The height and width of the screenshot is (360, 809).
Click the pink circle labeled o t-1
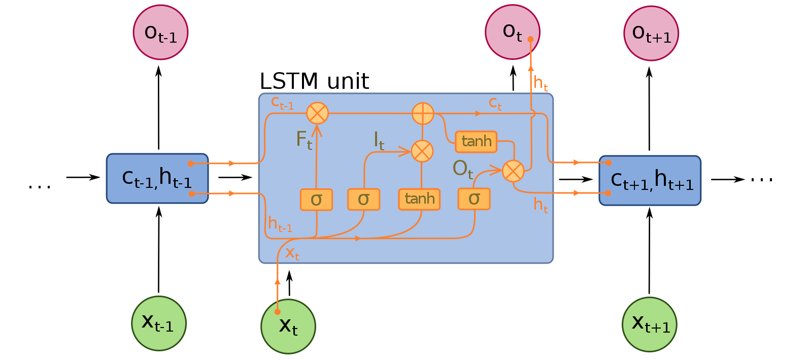[x=160, y=32]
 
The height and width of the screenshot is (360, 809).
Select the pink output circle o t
[x=512, y=32]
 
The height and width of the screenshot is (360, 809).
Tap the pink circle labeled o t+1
[x=651, y=34]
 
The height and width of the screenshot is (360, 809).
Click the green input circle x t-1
[x=159, y=323]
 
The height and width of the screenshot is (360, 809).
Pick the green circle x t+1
[x=649, y=324]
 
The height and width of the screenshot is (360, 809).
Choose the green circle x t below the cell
[x=288, y=326]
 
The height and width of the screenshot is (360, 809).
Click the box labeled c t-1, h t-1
[x=157, y=178]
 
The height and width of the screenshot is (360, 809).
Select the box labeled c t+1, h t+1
[x=650, y=180]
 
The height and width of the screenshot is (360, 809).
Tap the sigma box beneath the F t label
[x=316, y=200]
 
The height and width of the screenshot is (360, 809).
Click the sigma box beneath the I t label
[x=363, y=199]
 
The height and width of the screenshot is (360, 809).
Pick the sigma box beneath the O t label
[x=474, y=199]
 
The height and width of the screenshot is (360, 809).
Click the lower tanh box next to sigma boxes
[x=419, y=199]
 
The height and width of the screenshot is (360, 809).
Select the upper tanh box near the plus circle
[x=476, y=142]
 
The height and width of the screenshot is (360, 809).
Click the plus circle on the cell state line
[x=423, y=113]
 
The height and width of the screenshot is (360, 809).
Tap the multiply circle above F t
[x=318, y=113]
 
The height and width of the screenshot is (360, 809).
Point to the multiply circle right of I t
[x=422, y=151]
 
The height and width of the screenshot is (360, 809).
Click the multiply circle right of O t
[x=513, y=171]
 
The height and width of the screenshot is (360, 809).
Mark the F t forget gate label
[x=304, y=140]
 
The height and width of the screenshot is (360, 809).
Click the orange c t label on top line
[x=495, y=103]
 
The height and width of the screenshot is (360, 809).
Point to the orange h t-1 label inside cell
[x=280, y=224]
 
